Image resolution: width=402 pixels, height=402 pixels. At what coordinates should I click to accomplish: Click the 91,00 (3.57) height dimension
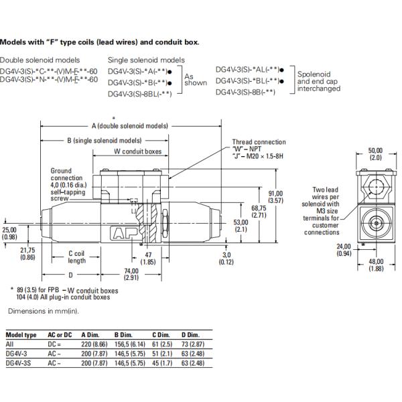tap(275, 196)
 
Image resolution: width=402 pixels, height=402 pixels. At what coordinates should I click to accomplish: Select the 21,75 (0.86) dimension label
tap(29, 253)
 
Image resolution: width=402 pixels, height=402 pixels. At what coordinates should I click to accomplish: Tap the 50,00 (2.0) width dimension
tap(375, 153)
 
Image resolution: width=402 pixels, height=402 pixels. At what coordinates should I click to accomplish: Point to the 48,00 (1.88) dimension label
tap(375, 265)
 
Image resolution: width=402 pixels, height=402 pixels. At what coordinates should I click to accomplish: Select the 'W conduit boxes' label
tap(137, 151)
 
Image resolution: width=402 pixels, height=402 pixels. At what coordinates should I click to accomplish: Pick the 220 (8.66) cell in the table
tap(94, 343)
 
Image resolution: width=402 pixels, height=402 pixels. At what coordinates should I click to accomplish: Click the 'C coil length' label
tap(78, 257)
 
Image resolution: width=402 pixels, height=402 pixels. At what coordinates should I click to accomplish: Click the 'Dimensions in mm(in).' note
tap(42, 312)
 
